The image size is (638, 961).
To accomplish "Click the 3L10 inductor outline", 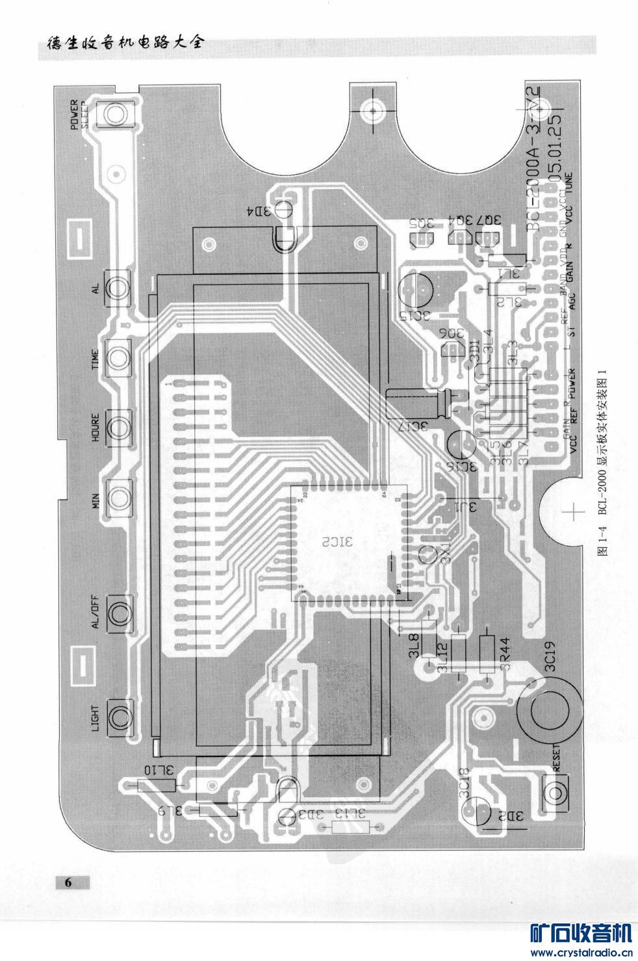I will (x=157, y=785).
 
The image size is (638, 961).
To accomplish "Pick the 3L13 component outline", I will (x=350, y=826).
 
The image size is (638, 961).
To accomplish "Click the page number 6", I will (x=68, y=882).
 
